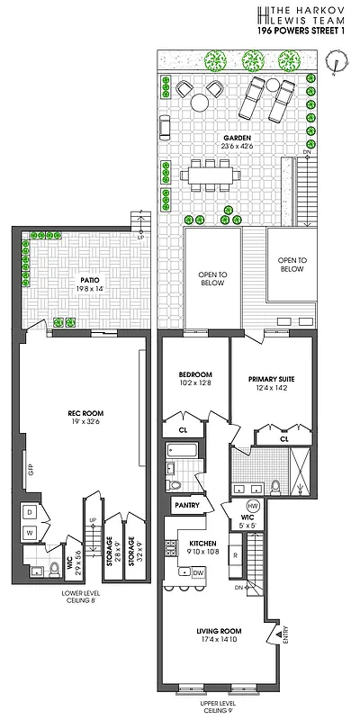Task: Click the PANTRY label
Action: pos(187,506)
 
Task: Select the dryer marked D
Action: pos(31,511)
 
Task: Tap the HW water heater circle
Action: pos(253,506)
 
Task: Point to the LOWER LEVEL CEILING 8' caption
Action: pos(78,598)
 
